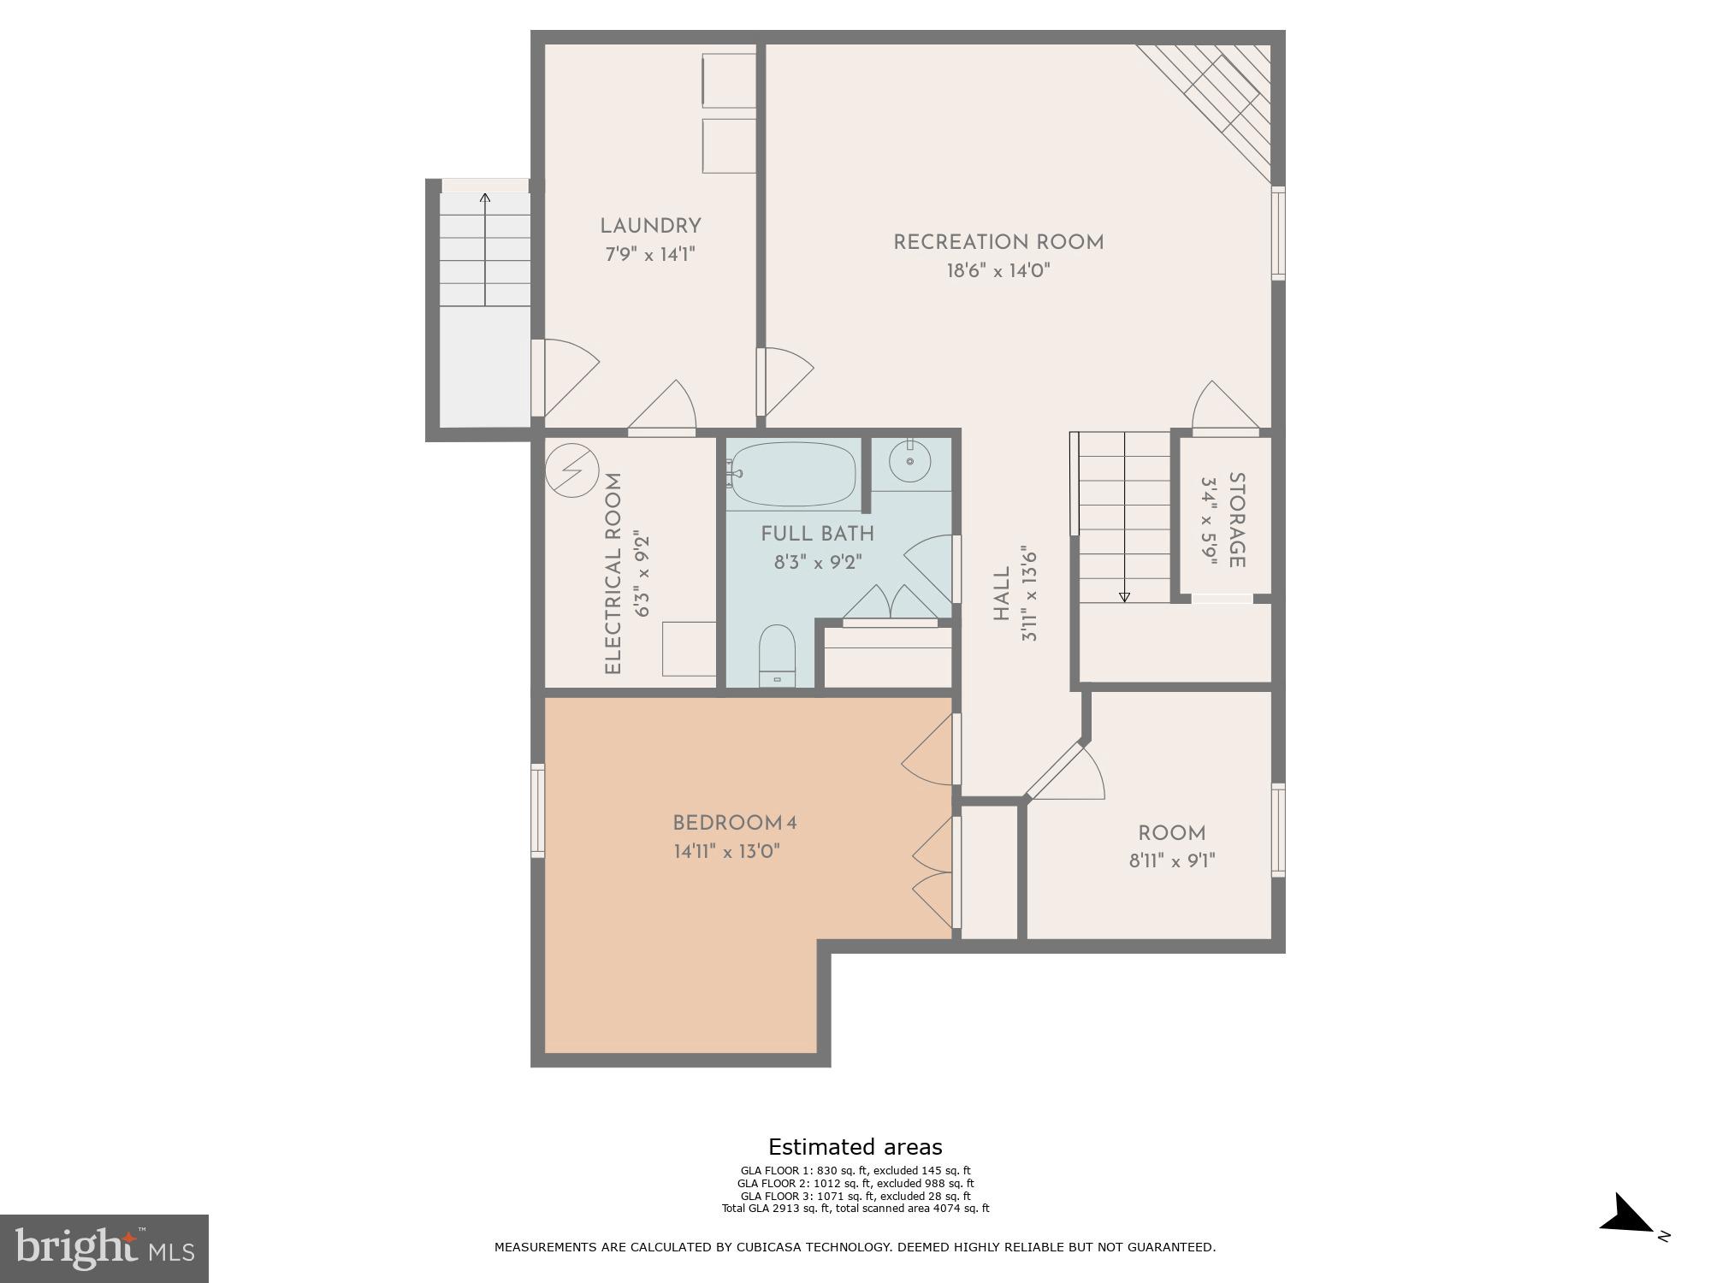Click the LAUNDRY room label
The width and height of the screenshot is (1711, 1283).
(650, 226)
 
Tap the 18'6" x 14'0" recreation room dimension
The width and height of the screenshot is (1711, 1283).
(998, 271)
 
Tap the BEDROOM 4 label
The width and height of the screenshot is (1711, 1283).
(734, 823)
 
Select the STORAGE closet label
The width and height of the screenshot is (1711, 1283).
(1236, 520)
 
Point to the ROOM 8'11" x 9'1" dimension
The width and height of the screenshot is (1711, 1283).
(1171, 860)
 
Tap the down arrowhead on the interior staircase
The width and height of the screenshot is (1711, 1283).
(1124, 597)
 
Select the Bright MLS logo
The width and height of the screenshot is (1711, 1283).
(104, 1248)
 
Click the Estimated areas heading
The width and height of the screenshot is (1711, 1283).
(855, 1147)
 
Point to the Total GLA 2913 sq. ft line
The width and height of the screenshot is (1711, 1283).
(855, 1209)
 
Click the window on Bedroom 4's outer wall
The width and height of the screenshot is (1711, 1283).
(537, 810)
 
